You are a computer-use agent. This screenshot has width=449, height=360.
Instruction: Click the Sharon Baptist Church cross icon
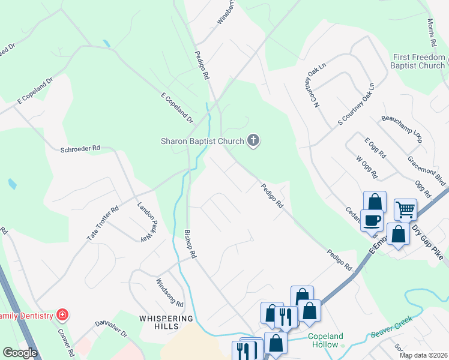(253, 142)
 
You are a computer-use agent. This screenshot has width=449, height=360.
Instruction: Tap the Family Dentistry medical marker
(62, 314)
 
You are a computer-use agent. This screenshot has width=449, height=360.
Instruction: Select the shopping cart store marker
(405, 209)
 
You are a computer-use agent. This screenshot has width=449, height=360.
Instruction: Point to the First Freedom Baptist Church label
(419, 61)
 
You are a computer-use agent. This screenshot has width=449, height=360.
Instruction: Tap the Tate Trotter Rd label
(103, 223)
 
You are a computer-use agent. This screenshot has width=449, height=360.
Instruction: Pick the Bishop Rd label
(190, 244)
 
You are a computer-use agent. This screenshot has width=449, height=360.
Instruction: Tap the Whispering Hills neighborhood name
(167, 322)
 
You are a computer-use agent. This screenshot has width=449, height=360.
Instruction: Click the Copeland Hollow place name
(325, 341)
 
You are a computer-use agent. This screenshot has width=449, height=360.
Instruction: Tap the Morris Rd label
(431, 33)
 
